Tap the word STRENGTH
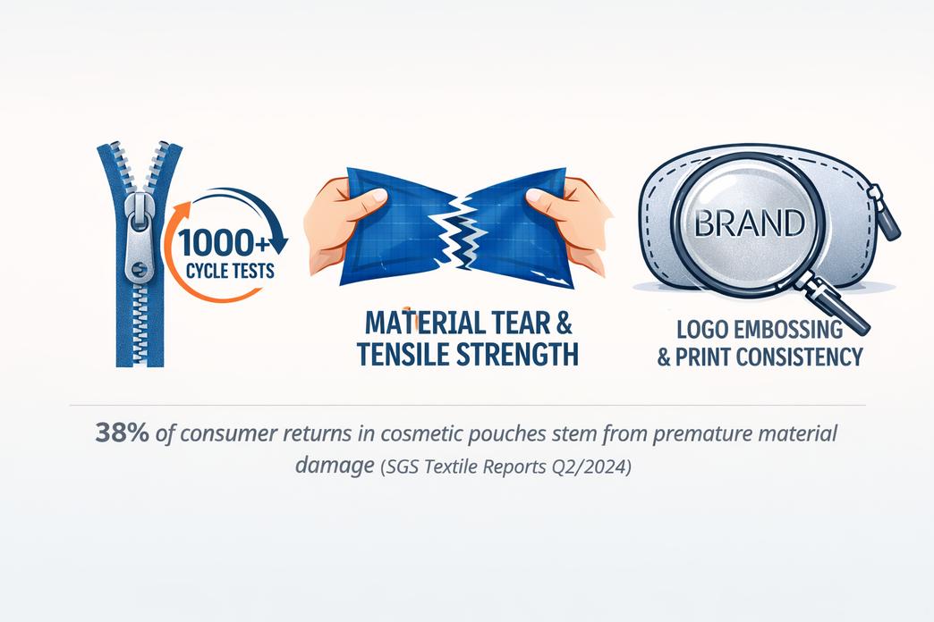coord(520,354)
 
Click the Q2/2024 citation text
coord(597,466)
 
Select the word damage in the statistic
coord(334,466)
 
